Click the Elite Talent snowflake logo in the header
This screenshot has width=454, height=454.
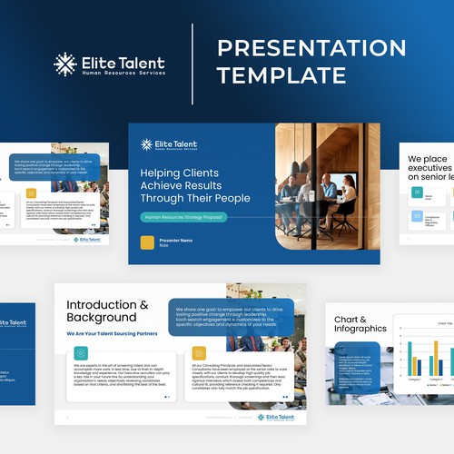[x=64, y=64]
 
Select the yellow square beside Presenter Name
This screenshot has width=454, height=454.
[x=147, y=242]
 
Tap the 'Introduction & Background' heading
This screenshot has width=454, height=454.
[x=107, y=311]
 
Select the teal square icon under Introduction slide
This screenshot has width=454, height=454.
[x=81, y=353]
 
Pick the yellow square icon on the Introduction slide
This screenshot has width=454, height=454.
[x=199, y=353]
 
